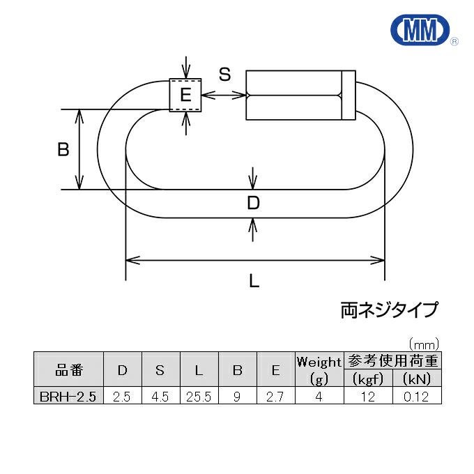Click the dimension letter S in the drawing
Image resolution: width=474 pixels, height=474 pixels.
224,75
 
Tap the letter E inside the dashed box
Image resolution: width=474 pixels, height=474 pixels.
185,95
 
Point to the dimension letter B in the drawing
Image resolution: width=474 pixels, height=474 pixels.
63,149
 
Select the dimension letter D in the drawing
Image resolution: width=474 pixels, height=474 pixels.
254,203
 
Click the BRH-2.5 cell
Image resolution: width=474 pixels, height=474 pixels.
68,397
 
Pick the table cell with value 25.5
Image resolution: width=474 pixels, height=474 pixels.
199,397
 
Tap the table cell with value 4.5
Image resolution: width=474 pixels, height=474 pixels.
160,397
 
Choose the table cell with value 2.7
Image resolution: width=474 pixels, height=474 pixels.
275,397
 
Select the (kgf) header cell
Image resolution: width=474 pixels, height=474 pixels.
369,379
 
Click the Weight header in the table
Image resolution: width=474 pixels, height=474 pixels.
319,362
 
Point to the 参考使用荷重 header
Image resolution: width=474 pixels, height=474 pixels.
393,361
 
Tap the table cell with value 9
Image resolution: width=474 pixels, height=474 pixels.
237,397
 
